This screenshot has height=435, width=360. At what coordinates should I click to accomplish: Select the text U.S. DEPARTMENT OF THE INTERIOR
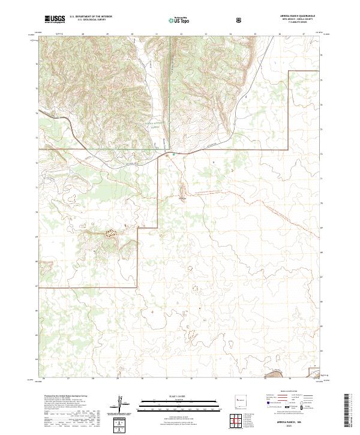91,17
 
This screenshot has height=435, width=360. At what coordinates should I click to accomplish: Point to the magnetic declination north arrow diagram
123,403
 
